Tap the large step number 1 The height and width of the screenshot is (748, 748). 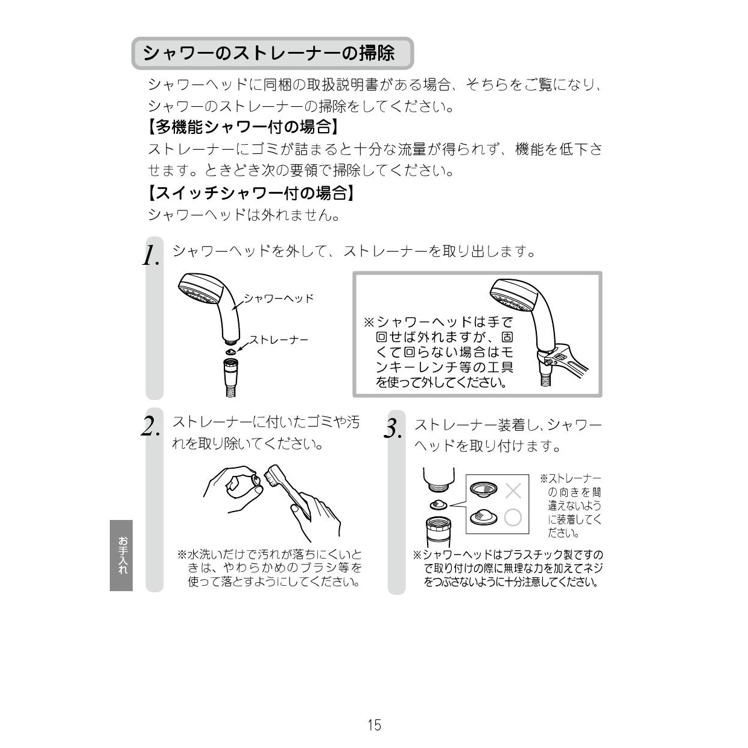click(x=151, y=255)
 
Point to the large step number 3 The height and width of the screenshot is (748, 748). click(x=393, y=429)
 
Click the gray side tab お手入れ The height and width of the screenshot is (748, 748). click(x=121, y=556)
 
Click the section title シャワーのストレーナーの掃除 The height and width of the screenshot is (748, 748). click(x=268, y=53)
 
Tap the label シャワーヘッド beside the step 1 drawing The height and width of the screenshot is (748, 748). click(x=279, y=299)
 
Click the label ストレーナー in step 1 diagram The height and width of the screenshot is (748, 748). click(x=279, y=340)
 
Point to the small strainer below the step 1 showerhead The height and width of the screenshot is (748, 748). click(x=230, y=351)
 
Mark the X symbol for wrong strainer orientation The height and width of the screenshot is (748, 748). click(x=513, y=491)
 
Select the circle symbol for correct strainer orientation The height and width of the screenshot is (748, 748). click(x=513, y=518)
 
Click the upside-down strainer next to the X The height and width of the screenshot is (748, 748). click(x=483, y=489)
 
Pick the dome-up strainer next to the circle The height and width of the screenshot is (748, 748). click(x=483, y=516)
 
